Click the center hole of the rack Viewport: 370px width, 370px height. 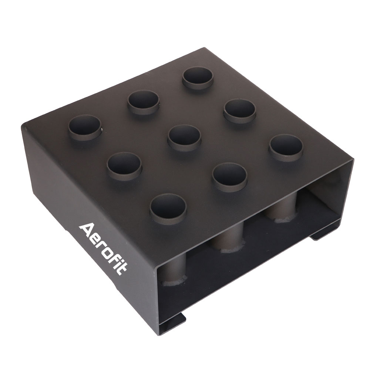pyautogui.click(x=184, y=138)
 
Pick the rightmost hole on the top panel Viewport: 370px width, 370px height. pyautogui.click(x=286, y=147)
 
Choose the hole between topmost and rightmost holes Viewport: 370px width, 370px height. pyautogui.click(x=239, y=110)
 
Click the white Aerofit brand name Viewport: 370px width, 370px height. pyautogui.click(x=103, y=249)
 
